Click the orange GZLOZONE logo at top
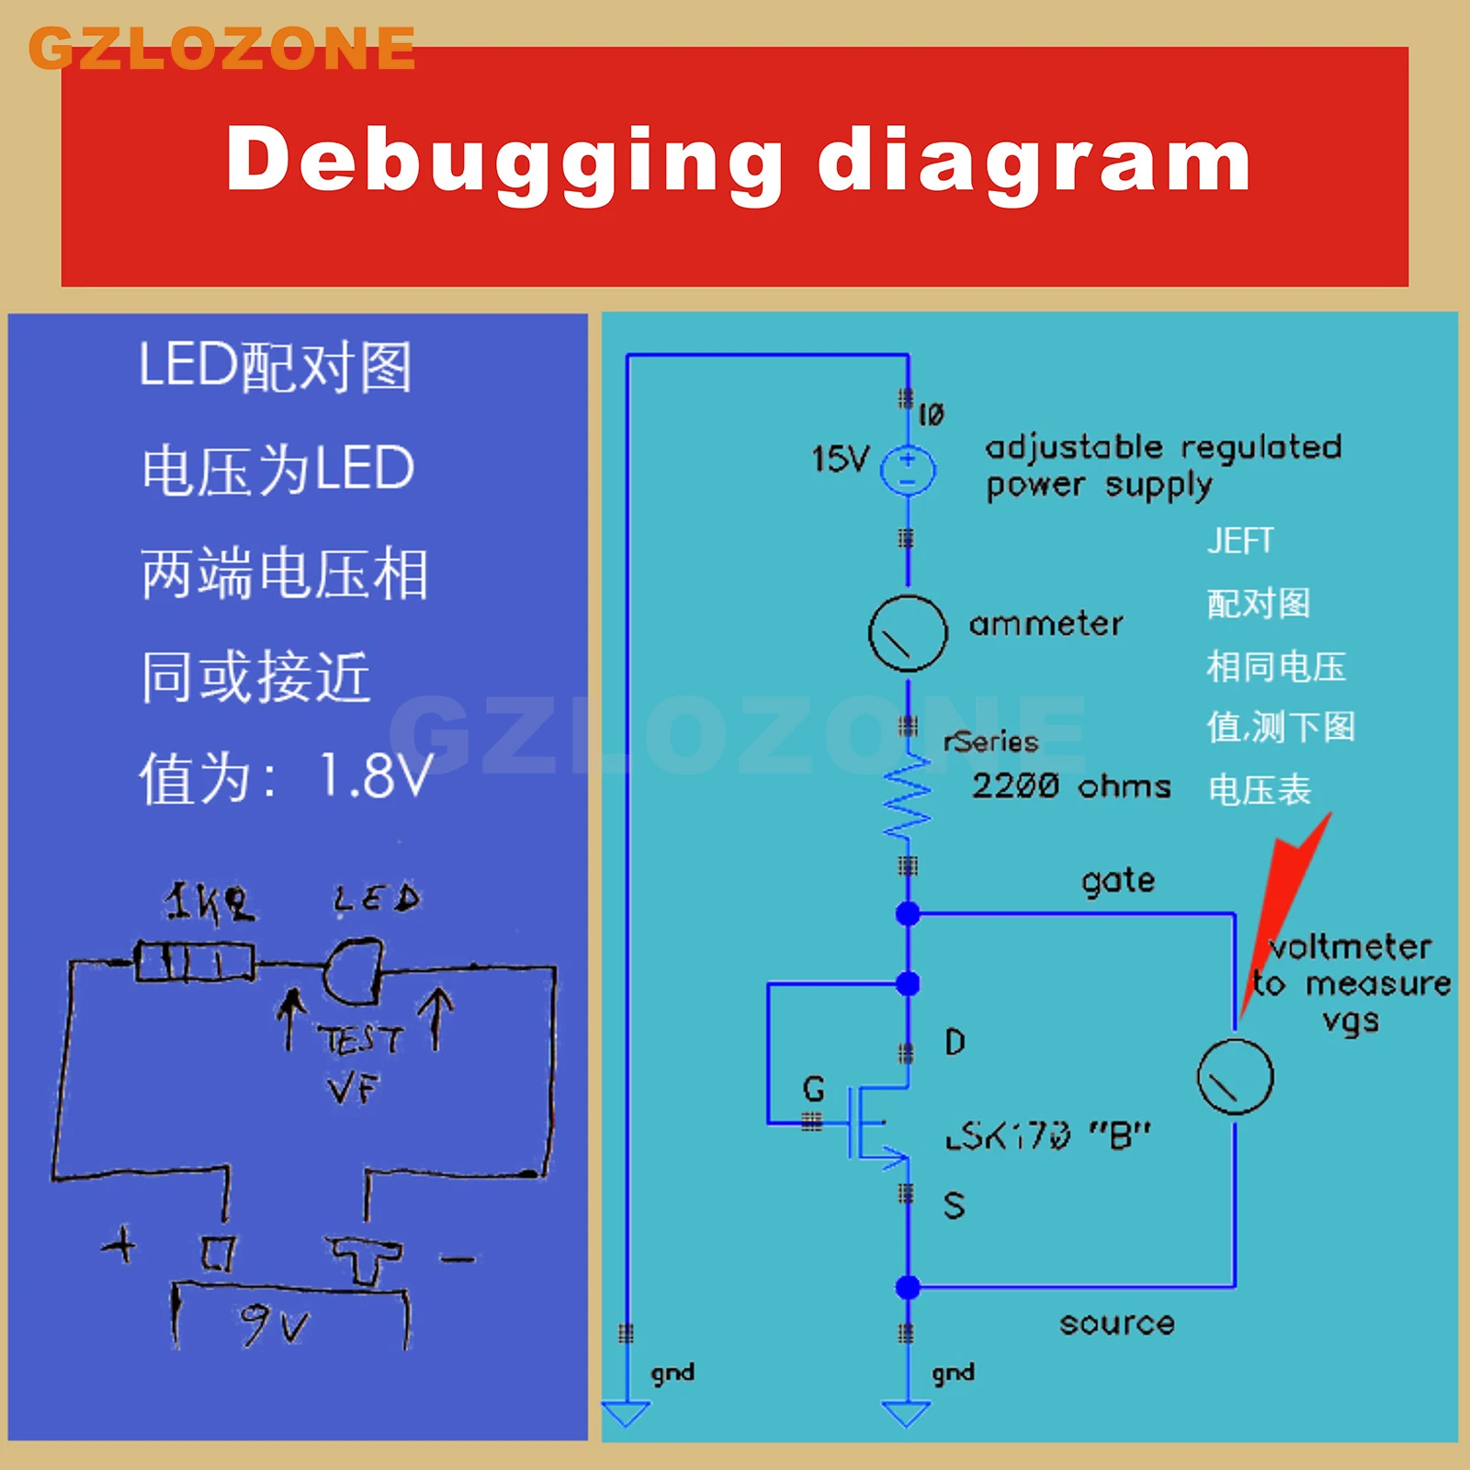[222, 49]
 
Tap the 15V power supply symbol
[908, 469]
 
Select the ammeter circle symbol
[908, 633]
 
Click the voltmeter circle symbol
[1235, 1077]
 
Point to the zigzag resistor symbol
[908, 797]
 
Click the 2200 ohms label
[1071, 786]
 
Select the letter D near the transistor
[955, 1042]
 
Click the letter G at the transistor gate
[813, 1089]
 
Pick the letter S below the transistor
[954, 1204]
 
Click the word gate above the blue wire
[1118, 881]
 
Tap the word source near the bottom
[1116, 1323]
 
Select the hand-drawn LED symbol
[353, 970]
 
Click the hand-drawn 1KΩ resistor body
[194, 962]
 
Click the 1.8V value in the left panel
[375, 776]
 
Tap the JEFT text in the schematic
[1240, 541]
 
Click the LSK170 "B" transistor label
[1047, 1136]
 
